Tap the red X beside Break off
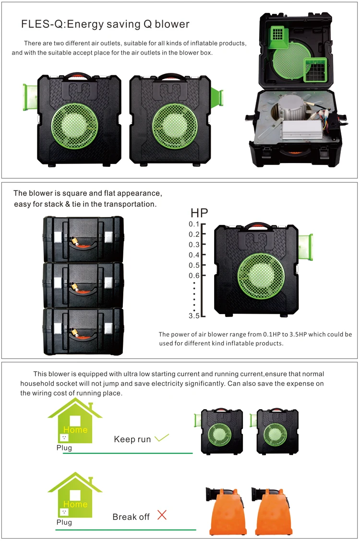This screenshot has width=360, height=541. click(162, 516)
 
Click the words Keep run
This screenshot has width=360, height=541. click(132, 439)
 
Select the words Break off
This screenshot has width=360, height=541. click(131, 517)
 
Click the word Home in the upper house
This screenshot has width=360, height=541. click(75, 430)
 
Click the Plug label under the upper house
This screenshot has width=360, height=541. click(64, 448)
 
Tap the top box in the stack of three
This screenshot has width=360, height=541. click(83, 238)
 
